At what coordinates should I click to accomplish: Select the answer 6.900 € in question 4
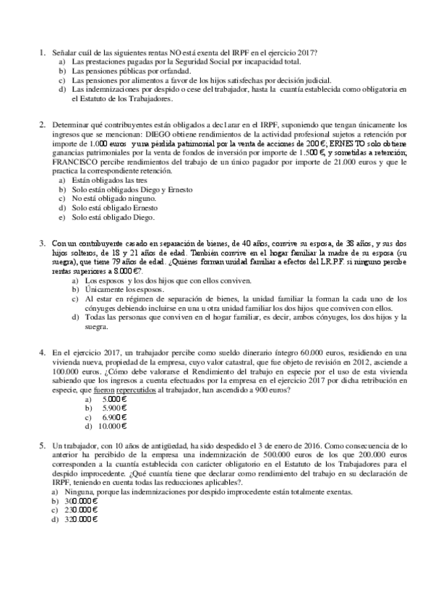(115, 417)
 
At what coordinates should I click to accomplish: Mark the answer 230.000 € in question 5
(80, 510)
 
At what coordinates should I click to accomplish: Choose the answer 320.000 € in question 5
(80, 519)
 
